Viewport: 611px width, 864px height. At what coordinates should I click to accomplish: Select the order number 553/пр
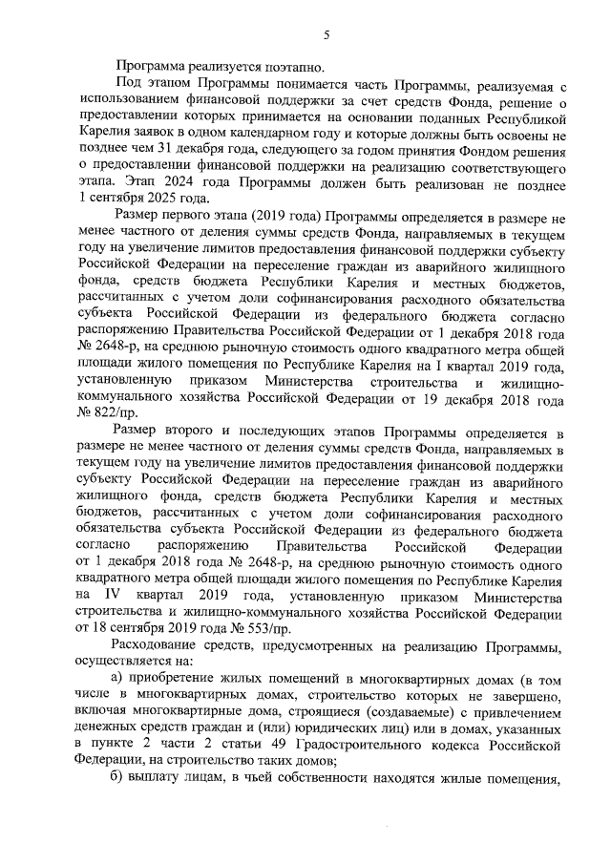pos(263,631)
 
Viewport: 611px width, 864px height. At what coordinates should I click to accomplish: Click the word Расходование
pos(159,648)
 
